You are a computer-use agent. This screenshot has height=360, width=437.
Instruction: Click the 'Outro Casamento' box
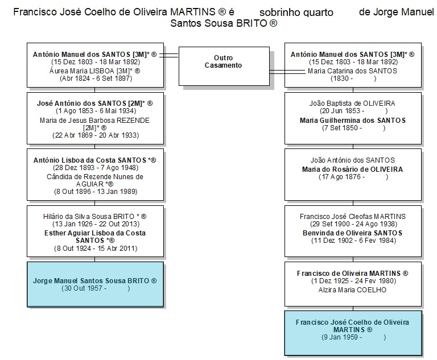pos(224,66)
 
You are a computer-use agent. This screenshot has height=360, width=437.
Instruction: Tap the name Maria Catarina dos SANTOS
pos(352,71)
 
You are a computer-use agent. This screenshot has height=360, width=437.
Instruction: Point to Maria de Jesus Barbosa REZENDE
pos(95,124)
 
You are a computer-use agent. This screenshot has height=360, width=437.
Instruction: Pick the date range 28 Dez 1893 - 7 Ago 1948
pos(96,168)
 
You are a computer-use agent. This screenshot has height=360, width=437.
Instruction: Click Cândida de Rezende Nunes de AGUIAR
pos(95,180)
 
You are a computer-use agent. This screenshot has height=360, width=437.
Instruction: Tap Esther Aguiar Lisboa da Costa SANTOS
pos(95,237)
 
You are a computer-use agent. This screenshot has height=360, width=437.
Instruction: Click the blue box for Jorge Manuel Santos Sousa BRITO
pos(96,284)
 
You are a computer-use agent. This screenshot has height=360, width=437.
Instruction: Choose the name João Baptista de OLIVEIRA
pos(352,104)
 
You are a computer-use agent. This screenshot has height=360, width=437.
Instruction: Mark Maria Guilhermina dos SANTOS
pos(353,121)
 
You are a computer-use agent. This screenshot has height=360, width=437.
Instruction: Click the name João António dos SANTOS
pos(353,160)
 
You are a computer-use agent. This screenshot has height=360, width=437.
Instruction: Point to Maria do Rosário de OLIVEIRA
pos(353,169)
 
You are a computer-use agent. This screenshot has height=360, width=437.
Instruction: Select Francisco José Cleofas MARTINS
pos(353,217)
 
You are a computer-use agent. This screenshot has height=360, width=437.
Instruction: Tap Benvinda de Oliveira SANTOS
pos(353,233)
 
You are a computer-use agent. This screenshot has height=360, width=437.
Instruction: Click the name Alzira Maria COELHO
pos(353,290)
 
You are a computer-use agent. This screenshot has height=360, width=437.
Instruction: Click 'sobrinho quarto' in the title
pos(296,13)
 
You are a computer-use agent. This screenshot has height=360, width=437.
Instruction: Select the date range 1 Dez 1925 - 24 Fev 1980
pos(354,281)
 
